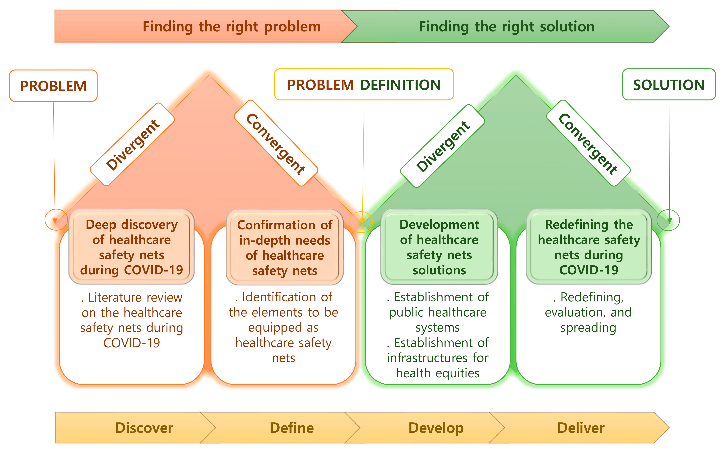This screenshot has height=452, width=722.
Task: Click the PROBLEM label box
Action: (53, 86)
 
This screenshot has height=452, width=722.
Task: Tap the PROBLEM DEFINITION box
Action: (364, 85)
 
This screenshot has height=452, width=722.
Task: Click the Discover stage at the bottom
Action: (144, 428)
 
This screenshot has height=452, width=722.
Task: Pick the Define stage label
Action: (292, 428)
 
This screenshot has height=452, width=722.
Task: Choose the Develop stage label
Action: (436, 428)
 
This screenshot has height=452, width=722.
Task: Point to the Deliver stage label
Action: (581, 428)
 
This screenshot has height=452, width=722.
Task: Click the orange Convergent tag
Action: (276, 143)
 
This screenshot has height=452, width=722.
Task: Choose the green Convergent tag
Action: (588, 143)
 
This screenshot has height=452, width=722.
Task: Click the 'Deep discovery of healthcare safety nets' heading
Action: (132, 247)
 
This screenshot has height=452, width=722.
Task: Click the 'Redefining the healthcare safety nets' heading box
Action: (588, 247)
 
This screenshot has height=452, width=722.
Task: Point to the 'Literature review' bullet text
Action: (132, 320)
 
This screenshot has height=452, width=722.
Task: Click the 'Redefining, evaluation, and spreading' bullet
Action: (588, 312)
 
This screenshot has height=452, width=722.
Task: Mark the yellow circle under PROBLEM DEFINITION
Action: (361, 221)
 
